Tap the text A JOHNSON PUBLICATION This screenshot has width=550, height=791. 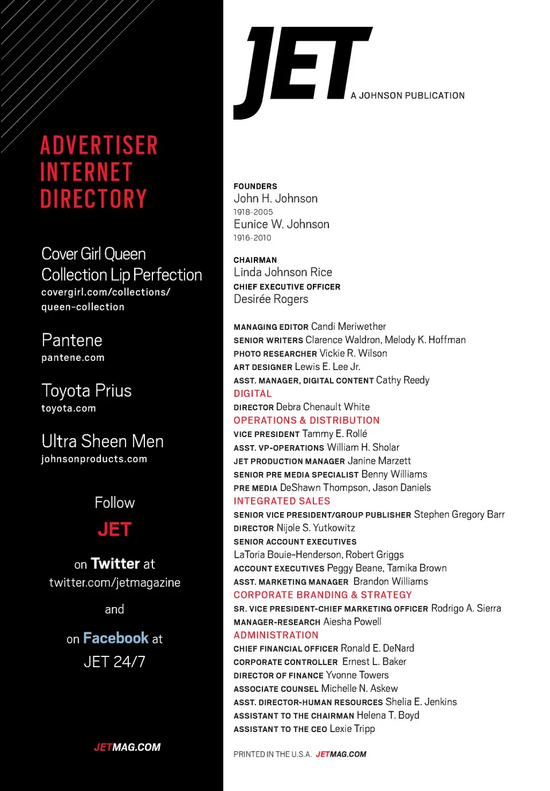pos(407,96)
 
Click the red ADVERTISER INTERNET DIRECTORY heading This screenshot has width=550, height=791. pos(99,172)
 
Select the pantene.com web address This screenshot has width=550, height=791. pos(73,358)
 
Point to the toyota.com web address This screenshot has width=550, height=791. pos(69,408)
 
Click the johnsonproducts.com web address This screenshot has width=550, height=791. pos(94,459)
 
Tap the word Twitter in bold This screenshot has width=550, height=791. pos(115,564)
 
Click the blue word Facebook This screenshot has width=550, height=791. pos(116,638)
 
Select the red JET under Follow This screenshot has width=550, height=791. pos(115,530)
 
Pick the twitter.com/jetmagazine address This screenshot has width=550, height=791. pos(115,583)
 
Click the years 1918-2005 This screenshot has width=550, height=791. pos(253,212)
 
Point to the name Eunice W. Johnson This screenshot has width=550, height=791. pos(281,225)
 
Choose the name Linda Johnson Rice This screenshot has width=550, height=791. pos(282,273)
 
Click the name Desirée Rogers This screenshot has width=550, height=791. pos(270,300)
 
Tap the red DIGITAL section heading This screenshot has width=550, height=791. pos(253,393)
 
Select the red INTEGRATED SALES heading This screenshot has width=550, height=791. pos(282,501)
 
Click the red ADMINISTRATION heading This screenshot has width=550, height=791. pos(276,635)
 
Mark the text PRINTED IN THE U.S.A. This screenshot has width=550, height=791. pos(272,754)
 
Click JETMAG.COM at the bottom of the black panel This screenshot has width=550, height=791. pos(127,747)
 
